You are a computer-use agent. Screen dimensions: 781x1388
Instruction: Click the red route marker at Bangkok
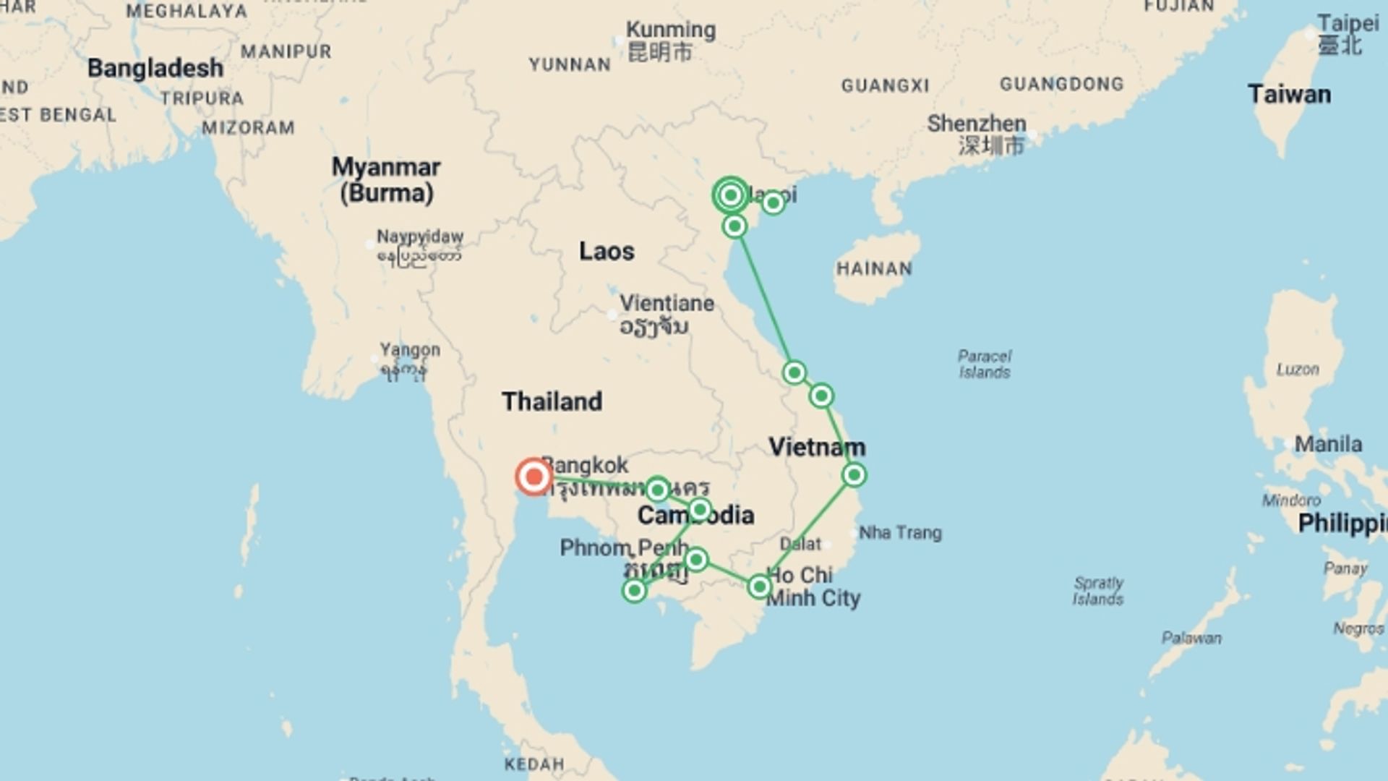(534, 477)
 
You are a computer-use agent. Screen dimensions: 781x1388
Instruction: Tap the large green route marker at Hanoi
(730, 195)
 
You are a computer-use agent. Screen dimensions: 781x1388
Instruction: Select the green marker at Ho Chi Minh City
(759, 586)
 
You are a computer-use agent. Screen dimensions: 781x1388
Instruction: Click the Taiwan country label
(1289, 95)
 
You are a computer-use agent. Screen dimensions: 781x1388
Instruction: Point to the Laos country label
(607, 252)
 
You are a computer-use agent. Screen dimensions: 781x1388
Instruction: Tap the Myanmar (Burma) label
(386, 180)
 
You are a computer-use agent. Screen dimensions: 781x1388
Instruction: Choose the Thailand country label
(552, 401)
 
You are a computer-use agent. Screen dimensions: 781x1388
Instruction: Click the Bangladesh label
(155, 68)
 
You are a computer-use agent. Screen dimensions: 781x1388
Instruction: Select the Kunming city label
(670, 30)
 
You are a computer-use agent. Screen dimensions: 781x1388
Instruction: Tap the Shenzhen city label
(977, 124)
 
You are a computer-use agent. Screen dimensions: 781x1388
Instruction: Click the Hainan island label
(874, 269)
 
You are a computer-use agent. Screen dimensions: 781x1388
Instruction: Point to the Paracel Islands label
(984, 364)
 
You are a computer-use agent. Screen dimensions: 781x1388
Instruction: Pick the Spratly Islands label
(1097, 590)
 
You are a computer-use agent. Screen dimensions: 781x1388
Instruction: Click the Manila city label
(1328, 444)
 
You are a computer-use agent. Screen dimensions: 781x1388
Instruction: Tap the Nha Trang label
(900, 533)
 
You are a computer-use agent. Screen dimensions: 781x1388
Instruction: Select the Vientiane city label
(667, 304)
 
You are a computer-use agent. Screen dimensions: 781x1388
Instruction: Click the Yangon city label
(410, 350)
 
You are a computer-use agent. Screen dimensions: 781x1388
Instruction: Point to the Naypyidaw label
(420, 237)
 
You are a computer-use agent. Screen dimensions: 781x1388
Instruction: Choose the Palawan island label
(1191, 638)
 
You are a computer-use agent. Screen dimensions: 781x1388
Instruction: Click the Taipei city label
(1348, 23)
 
